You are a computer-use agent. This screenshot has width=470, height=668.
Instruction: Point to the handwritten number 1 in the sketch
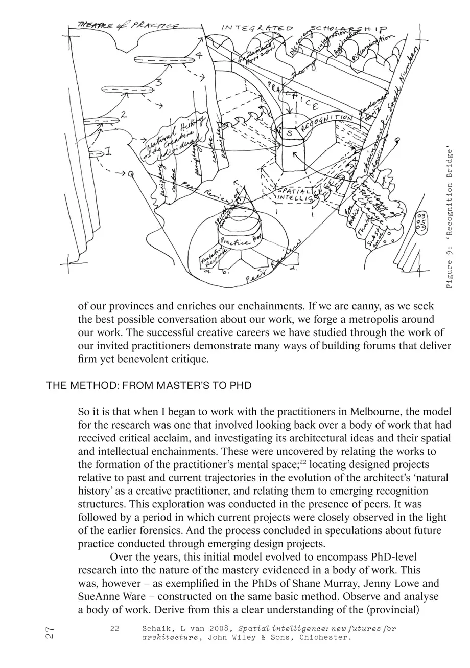click(108, 151)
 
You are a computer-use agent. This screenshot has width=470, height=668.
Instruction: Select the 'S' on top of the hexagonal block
click(289, 133)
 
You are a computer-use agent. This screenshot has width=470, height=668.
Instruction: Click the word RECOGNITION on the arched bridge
click(327, 121)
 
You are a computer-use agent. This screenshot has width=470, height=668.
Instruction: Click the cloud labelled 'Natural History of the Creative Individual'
click(174, 137)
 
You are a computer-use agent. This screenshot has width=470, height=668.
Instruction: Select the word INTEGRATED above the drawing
click(257, 28)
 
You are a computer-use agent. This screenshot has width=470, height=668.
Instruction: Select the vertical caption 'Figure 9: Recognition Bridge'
click(450, 218)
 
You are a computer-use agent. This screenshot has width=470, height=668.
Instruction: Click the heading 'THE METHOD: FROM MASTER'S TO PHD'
click(149, 385)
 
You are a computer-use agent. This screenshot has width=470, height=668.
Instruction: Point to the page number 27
click(50, 633)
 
